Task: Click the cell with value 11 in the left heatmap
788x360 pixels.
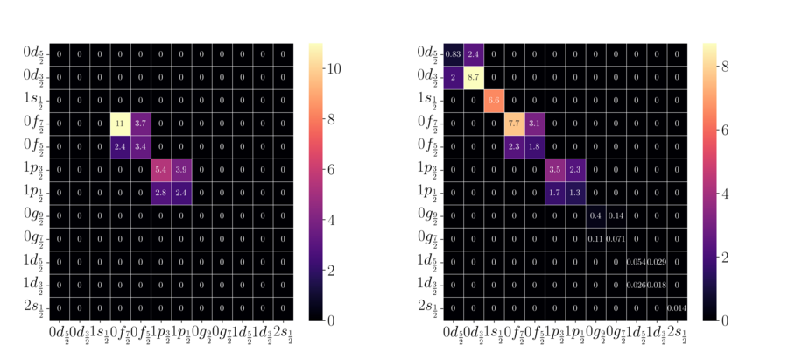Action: (120, 123)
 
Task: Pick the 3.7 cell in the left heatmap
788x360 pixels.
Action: (140, 123)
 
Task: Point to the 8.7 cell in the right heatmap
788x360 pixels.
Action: (474, 77)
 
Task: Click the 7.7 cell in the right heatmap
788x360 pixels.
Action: (514, 123)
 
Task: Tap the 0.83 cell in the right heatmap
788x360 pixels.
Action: (454, 53)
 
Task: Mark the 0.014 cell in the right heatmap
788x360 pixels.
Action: (676, 307)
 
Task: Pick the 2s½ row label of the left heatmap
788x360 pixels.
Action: (35, 307)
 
